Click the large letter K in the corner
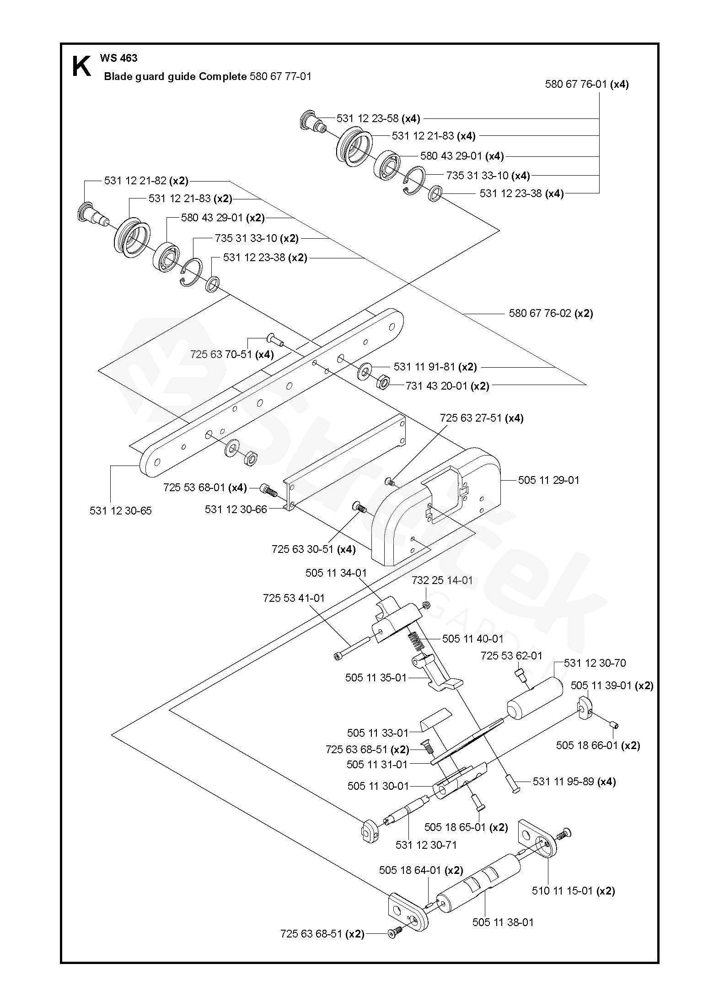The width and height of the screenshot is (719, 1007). point(81,67)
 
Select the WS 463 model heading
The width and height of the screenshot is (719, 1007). point(118,58)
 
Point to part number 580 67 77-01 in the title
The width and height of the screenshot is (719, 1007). point(280,76)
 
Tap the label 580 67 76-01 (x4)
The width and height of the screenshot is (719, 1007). point(586,85)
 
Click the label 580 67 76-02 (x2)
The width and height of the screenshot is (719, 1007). point(551,313)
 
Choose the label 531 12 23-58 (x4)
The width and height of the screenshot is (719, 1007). point(378,118)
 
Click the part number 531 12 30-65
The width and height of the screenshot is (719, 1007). point(120,511)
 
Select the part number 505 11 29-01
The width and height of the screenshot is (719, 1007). point(548,480)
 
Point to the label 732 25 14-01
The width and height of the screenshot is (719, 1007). point(442,580)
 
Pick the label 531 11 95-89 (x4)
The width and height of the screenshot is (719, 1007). point(574,782)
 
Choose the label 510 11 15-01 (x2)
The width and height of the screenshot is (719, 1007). point(573,891)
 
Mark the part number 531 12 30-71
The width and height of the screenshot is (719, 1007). point(426,845)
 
